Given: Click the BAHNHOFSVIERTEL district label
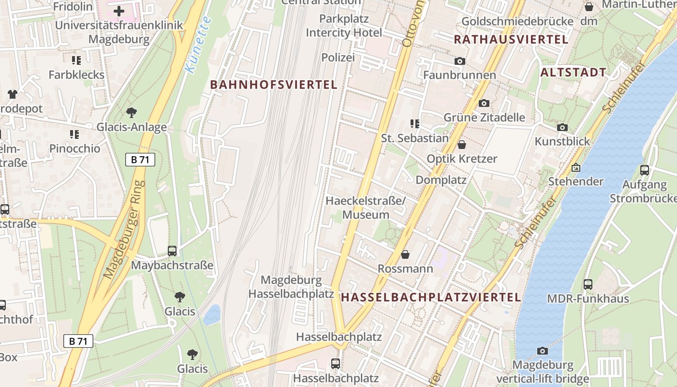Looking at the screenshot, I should (274, 85).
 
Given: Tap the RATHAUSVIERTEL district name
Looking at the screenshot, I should (511, 40).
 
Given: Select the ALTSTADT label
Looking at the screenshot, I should (573, 73).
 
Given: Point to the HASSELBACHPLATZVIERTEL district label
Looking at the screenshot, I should (431, 297).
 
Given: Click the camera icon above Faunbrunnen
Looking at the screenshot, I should (459, 61).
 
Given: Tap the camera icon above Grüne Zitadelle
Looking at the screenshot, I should (484, 103).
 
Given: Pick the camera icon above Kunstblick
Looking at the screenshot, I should (562, 128).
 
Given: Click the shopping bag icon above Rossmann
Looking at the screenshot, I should (405, 254).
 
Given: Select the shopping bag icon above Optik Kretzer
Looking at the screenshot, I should (462, 145).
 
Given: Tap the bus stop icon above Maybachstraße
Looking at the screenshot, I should (172, 251).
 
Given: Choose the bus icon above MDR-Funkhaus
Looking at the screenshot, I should (588, 284).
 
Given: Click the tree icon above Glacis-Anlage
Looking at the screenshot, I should (131, 113).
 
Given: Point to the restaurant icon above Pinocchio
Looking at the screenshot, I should (74, 134).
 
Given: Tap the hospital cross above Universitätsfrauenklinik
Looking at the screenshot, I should (119, 11).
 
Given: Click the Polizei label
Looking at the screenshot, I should (338, 58).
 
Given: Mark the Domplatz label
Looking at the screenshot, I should (441, 180).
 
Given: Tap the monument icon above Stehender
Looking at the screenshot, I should (575, 168).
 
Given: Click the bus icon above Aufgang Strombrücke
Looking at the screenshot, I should (644, 170).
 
